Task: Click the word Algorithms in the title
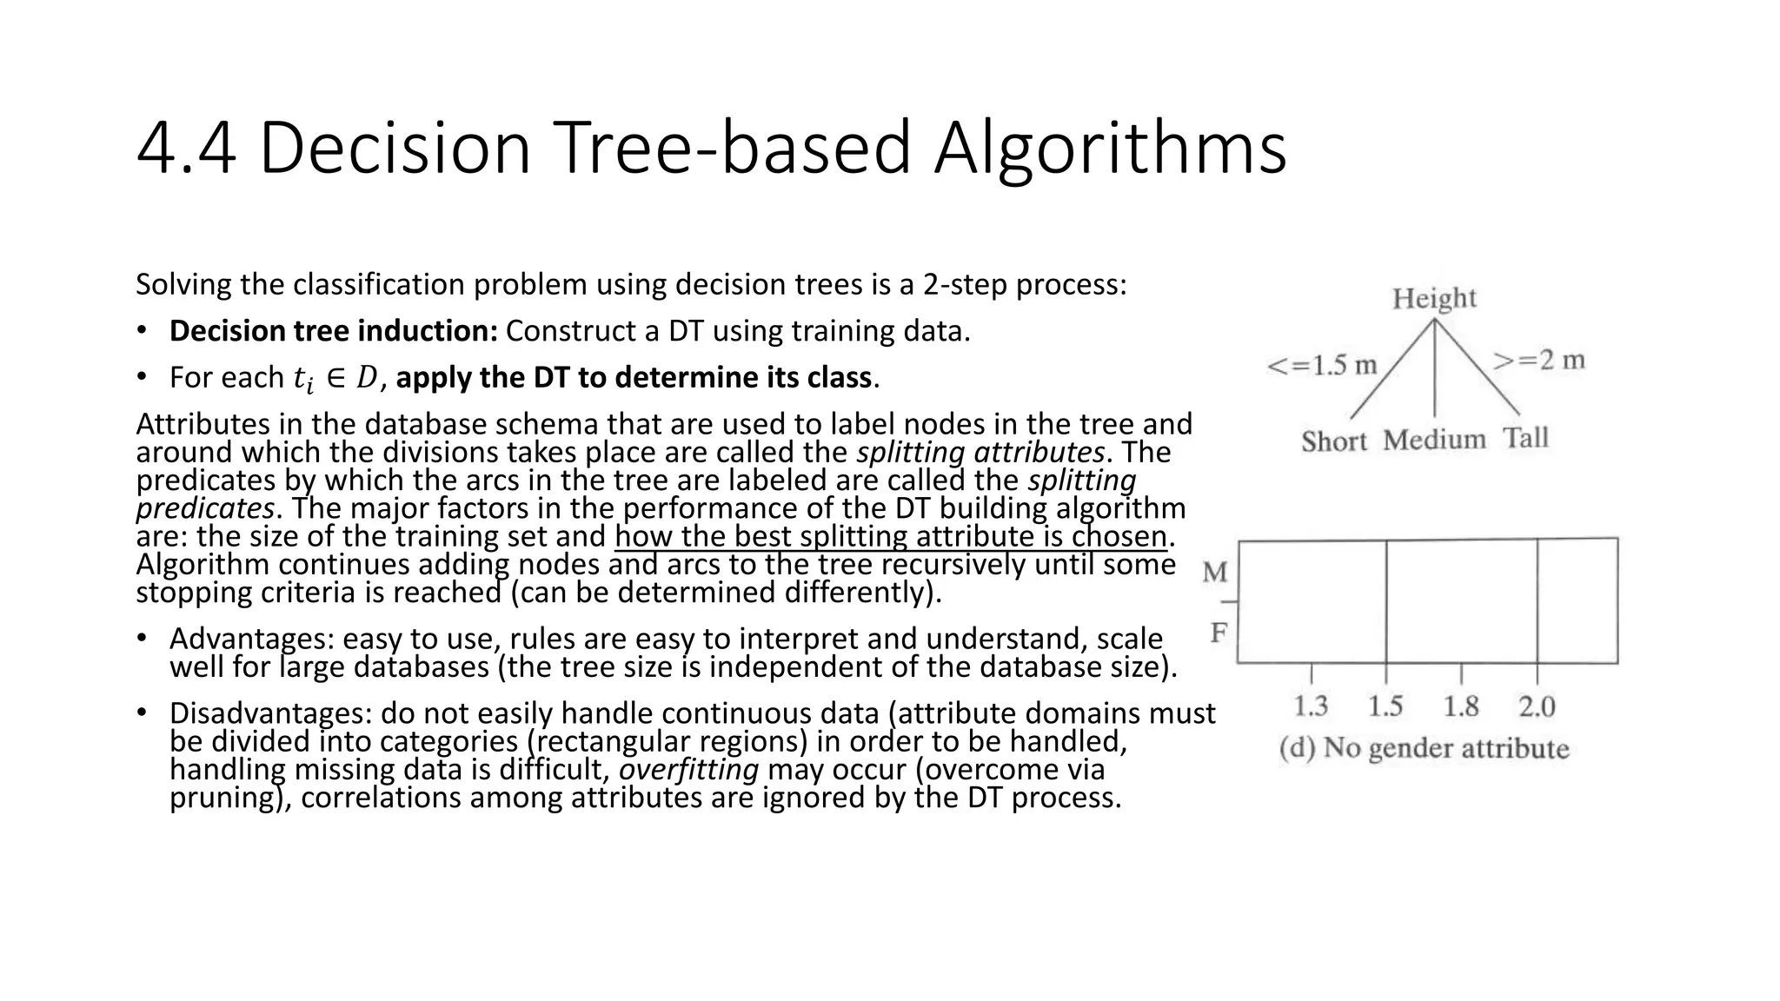pyautogui.click(x=1110, y=149)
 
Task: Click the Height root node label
pyautogui.click(x=1434, y=299)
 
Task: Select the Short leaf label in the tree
pyautogui.click(x=1334, y=441)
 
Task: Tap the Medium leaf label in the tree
pyautogui.click(x=1434, y=440)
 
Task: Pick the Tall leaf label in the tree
pyautogui.click(x=1526, y=437)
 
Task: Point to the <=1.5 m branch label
pyautogui.click(x=1322, y=365)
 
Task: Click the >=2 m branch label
pyautogui.click(x=1539, y=360)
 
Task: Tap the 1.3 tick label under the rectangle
pyautogui.click(x=1311, y=706)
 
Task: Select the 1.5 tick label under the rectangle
pyautogui.click(x=1385, y=706)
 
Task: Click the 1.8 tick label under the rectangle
pyautogui.click(x=1461, y=706)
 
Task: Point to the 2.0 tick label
pyautogui.click(x=1537, y=706)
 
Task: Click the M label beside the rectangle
pyautogui.click(x=1215, y=573)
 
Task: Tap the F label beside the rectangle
pyautogui.click(x=1219, y=633)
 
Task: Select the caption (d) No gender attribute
pyautogui.click(x=1425, y=748)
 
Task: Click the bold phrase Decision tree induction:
pyautogui.click(x=333, y=331)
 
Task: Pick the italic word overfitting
pyautogui.click(x=688, y=770)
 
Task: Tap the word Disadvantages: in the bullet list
pyautogui.click(x=271, y=713)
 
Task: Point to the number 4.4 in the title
pyautogui.click(x=186, y=149)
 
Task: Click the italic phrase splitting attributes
pyautogui.click(x=980, y=453)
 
